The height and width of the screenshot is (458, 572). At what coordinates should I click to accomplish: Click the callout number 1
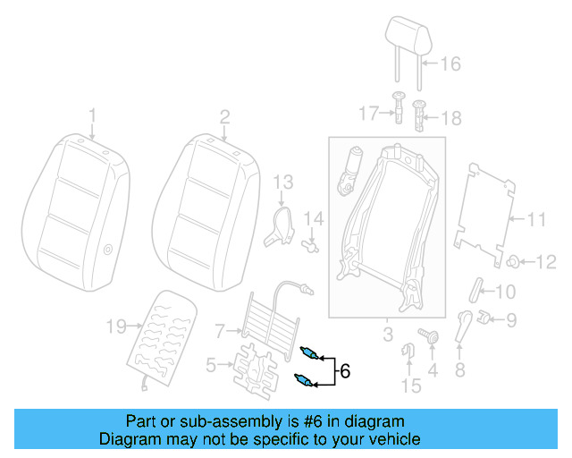tap(91, 115)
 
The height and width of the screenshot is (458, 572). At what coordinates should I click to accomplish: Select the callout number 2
tap(224, 115)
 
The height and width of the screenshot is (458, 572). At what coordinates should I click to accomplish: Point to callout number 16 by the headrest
tap(450, 64)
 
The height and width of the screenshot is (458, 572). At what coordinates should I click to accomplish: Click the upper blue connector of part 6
tap(310, 352)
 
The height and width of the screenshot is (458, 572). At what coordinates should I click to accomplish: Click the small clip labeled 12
tap(516, 261)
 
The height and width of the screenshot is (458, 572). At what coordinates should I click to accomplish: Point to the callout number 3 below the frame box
tap(387, 335)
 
